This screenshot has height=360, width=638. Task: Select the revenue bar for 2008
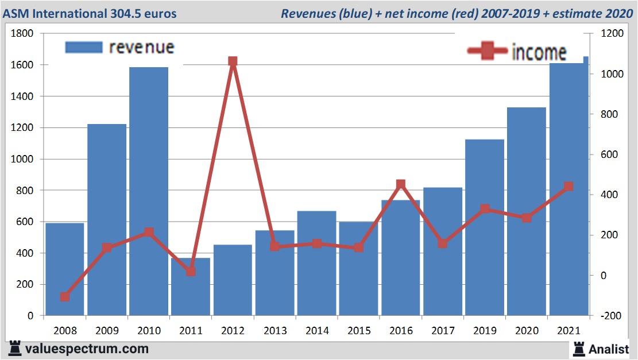65,269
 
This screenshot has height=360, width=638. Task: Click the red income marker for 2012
233,61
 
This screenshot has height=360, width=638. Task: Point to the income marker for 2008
65,297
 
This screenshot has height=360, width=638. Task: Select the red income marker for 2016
401,184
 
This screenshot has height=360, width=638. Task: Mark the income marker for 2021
569,187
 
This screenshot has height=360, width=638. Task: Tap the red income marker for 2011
191,271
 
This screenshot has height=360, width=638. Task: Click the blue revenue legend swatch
83,47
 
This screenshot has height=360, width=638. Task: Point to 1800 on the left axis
22,34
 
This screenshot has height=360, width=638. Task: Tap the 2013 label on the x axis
274,331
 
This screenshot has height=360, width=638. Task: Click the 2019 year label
484,331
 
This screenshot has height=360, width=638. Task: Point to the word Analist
609,349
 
